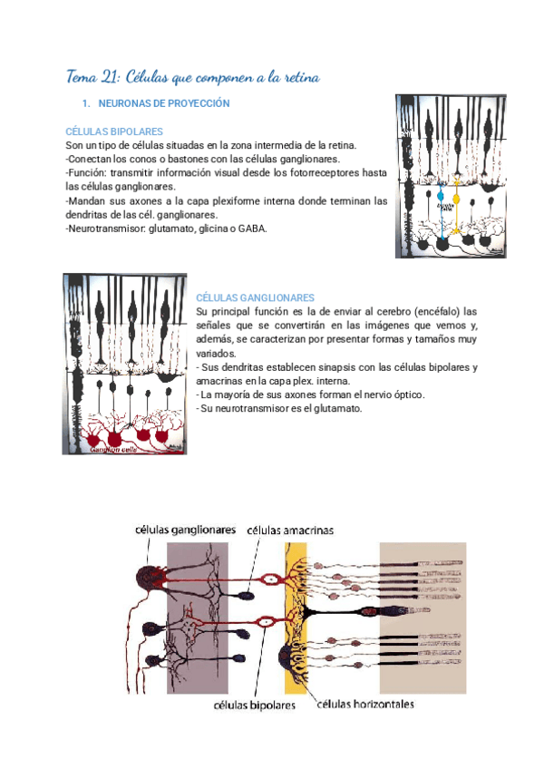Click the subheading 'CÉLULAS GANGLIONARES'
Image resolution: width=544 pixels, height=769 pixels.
pyautogui.click(x=256, y=297)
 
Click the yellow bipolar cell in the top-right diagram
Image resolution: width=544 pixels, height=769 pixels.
pyautogui.click(x=457, y=197)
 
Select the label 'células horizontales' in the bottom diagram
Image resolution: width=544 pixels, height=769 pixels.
pyautogui.click(x=366, y=703)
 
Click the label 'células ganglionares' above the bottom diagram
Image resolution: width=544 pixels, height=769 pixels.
pyautogui.click(x=186, y=529)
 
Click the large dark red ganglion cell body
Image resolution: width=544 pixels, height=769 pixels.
pyautogui.click(x=148, y=577)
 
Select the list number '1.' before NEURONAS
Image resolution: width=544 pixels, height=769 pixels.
pyautogui.click(x=87, y=104)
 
